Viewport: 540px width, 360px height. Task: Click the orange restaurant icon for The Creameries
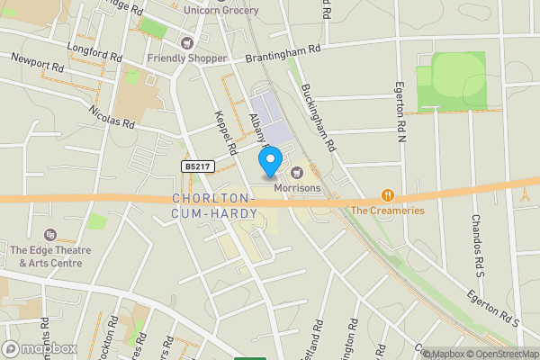387,194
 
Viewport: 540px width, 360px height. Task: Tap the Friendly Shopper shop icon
188,43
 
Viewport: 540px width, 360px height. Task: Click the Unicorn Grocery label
220,10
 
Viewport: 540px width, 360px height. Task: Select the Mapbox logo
40,348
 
